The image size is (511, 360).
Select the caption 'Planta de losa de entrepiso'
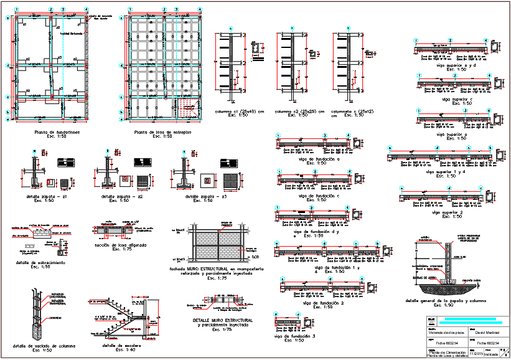click(162, 133)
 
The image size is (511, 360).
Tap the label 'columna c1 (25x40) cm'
click(239, 111)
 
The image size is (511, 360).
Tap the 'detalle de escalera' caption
click(120, 346)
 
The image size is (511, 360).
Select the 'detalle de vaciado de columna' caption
click(42, 346)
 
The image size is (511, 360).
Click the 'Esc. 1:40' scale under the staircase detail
click(120, 350)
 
